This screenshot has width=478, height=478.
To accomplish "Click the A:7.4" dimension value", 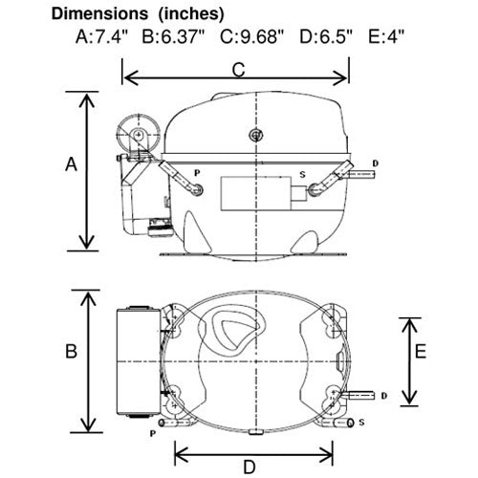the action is coord(101,36).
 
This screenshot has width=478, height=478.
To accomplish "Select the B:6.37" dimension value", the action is coord(174,36).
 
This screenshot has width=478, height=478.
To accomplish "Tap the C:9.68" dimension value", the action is coord(251,36).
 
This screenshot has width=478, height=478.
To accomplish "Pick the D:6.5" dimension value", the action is coord(326,36).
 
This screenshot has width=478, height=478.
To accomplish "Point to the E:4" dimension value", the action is coord(386,36).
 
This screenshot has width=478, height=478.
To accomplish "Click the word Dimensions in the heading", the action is coord(99,14).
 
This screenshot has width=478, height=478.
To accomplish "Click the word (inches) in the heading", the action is coord(191,14).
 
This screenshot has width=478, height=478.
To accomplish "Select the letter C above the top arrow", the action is coord(238,70).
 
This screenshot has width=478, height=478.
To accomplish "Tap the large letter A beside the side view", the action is coord(71,164).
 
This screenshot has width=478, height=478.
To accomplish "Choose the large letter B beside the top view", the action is coord(71,351).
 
